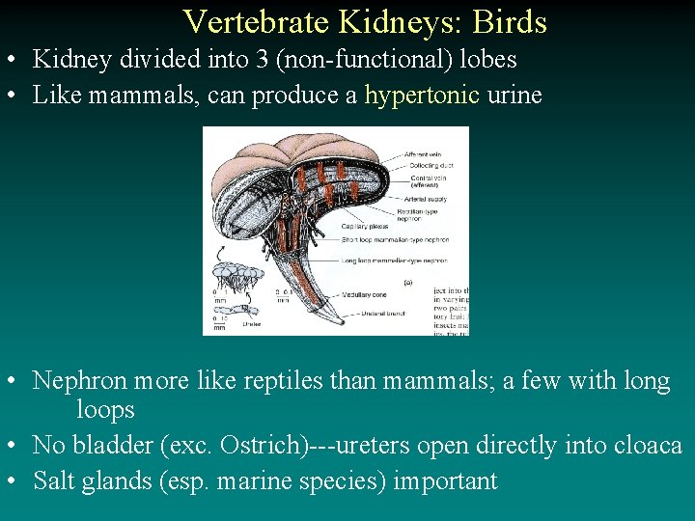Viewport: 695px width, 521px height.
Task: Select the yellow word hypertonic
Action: (x=422, y=96)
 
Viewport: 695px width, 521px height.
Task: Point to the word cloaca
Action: (x=648, y=446)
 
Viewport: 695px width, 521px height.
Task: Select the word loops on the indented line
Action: (x=105, y=410)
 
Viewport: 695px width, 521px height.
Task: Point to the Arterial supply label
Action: (x=429, y=200)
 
